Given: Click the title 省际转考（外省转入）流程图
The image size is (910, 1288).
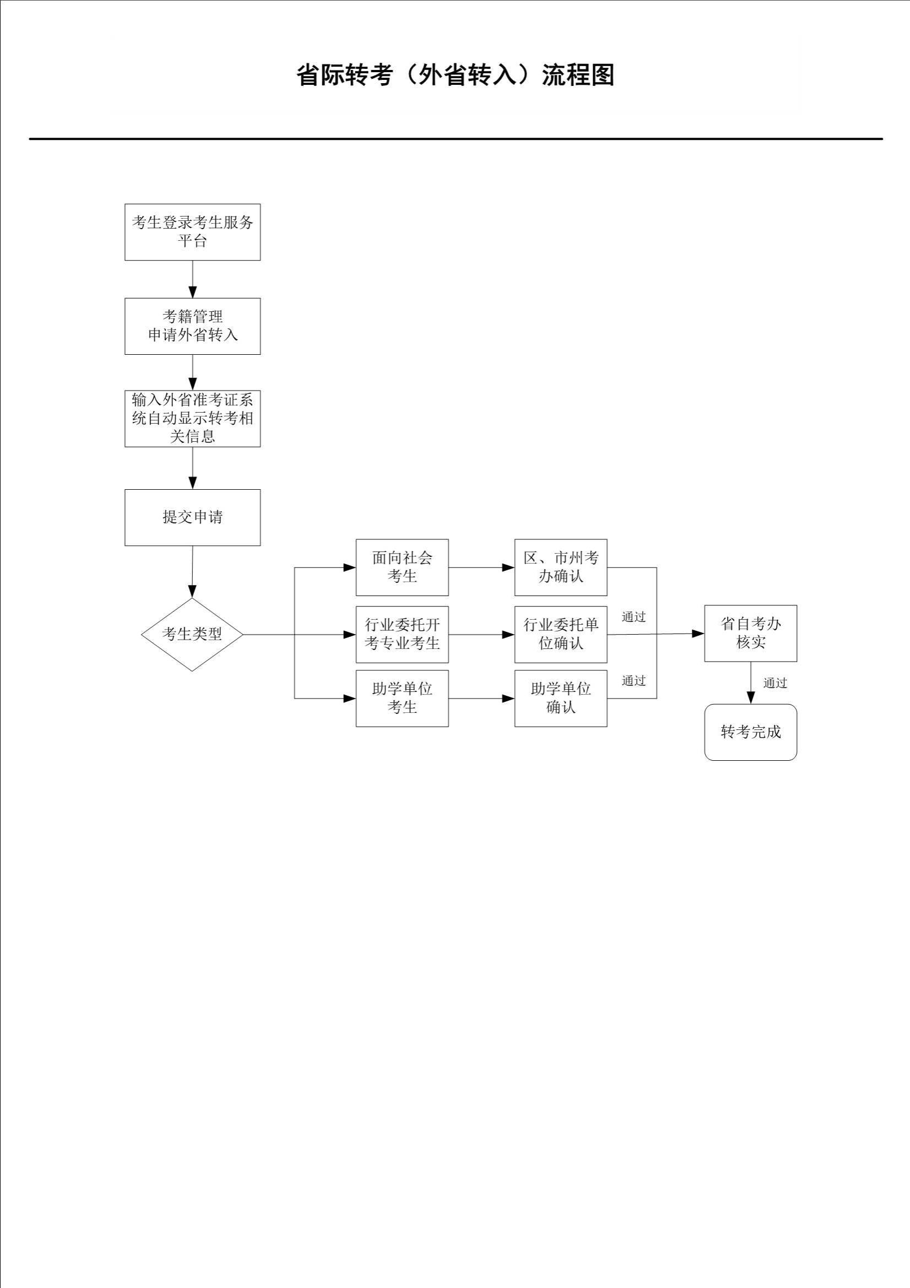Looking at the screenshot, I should point(455,74).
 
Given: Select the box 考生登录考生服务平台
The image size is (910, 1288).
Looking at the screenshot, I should point(192,232).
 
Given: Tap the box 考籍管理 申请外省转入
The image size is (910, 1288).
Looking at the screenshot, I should point(192,326).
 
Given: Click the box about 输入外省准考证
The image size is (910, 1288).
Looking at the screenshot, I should point(192,419).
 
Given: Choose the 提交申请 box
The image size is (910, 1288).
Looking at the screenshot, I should point(192,517).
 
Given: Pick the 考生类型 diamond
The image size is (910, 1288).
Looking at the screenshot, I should point(192,635).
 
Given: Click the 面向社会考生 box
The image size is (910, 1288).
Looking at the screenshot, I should point(402,567).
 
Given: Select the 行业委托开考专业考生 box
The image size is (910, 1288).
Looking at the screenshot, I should point(402,635).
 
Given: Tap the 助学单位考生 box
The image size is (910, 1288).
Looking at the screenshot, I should point(402,699).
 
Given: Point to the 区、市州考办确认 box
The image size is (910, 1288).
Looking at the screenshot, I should point(560,567).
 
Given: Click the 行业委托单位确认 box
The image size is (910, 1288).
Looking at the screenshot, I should point(560,635).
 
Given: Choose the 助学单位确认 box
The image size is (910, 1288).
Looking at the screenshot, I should point(560,699).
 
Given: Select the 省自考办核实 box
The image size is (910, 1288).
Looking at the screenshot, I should point(750,634).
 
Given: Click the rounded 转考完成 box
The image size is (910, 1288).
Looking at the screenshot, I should point(750,732).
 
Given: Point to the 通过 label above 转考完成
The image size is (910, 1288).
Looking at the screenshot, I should point(775,683).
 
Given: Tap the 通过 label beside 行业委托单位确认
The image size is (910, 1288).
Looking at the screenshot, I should point(633,617).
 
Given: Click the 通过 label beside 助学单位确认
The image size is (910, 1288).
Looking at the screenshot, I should point(633,681).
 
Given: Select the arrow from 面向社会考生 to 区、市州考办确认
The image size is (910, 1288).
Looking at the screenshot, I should point(481,568).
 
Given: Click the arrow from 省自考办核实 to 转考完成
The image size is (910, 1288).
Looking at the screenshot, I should point(751,683).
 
